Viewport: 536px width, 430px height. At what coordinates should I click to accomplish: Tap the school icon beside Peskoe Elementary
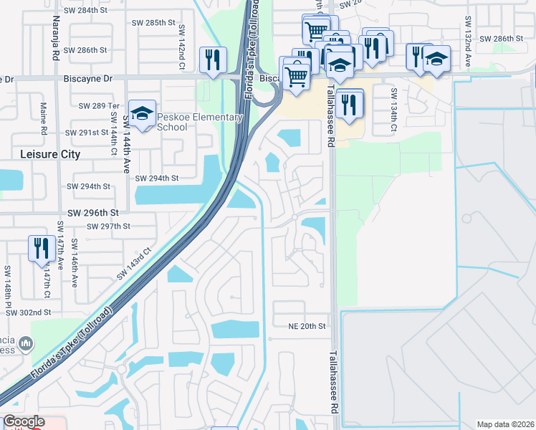142,113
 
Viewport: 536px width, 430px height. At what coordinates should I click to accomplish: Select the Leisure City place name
50,154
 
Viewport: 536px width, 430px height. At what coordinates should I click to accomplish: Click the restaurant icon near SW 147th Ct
39,248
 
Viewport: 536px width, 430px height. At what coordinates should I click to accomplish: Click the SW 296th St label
92,213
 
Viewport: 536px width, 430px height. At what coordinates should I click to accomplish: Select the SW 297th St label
108,226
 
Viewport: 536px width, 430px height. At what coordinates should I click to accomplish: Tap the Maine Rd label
43,118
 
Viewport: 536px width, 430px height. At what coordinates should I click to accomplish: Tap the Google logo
24,421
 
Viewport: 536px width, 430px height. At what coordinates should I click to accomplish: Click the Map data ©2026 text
505,424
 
